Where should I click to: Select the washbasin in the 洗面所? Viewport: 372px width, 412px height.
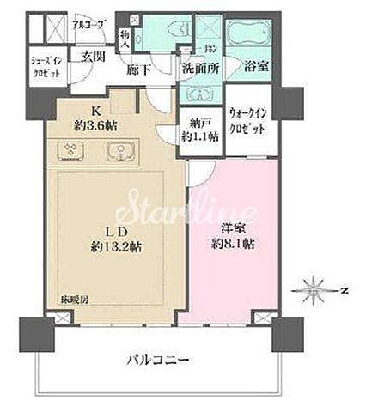198,94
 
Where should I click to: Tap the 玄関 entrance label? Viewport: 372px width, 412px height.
91,58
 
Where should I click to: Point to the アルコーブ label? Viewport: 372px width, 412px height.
88,25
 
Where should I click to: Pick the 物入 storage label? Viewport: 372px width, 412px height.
124,36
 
